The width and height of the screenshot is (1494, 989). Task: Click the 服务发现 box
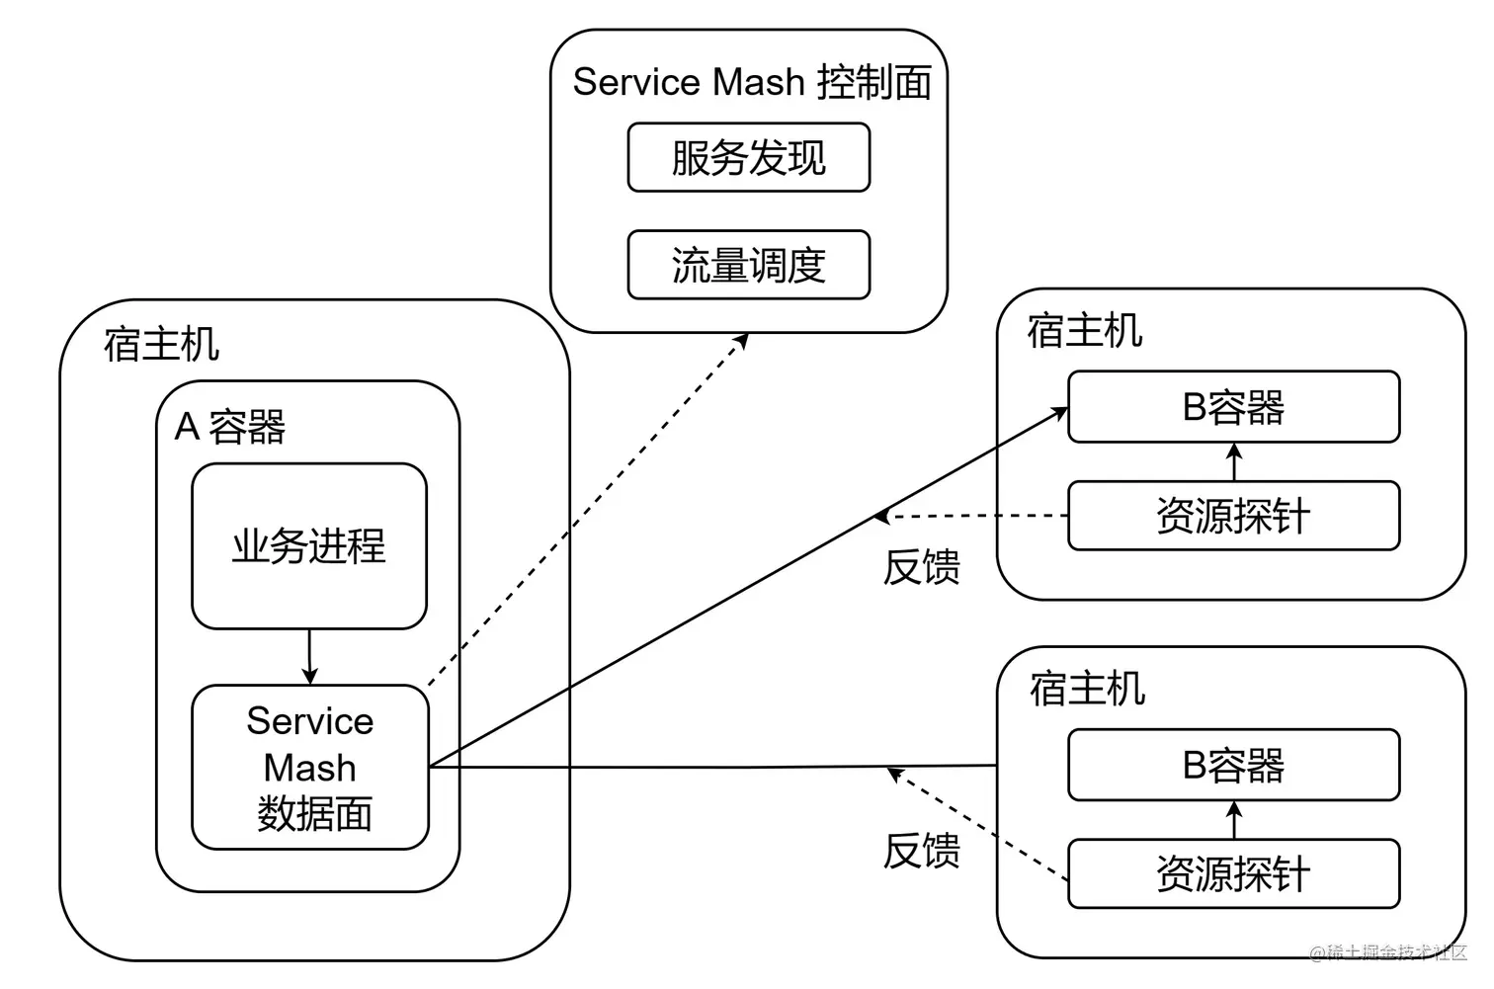click(748, 157)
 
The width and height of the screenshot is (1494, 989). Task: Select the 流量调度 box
click(748, 265)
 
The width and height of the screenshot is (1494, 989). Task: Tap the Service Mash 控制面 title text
click(751, 82)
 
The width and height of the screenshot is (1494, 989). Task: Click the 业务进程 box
click(308, 545)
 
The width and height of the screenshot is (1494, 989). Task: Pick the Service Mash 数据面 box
click(310, 767)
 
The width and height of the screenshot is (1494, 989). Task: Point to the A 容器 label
click(229, 427)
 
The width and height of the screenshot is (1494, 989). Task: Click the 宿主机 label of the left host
click(161, 345)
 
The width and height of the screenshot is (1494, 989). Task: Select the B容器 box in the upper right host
click(1233, 407)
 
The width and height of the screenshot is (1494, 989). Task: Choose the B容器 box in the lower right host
click(1233, 765)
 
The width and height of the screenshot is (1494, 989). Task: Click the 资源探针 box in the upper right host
click(1233, 516)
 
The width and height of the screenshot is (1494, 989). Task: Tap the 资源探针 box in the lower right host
click(1233, 873)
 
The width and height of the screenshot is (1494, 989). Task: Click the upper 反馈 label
click(921, 567)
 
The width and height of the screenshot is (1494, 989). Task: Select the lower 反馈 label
click(921, 850)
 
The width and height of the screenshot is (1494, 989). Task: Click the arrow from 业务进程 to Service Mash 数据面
click(309, 656)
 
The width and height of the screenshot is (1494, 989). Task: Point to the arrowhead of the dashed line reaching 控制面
click(742, 340)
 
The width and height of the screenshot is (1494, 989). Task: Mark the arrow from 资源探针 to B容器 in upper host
click(1233, 461)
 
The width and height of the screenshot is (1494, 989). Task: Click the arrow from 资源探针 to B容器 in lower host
click(1233, 819)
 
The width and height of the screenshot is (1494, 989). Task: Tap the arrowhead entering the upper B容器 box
click(1060, 412)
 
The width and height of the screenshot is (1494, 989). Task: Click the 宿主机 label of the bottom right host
click(1087, 689)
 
